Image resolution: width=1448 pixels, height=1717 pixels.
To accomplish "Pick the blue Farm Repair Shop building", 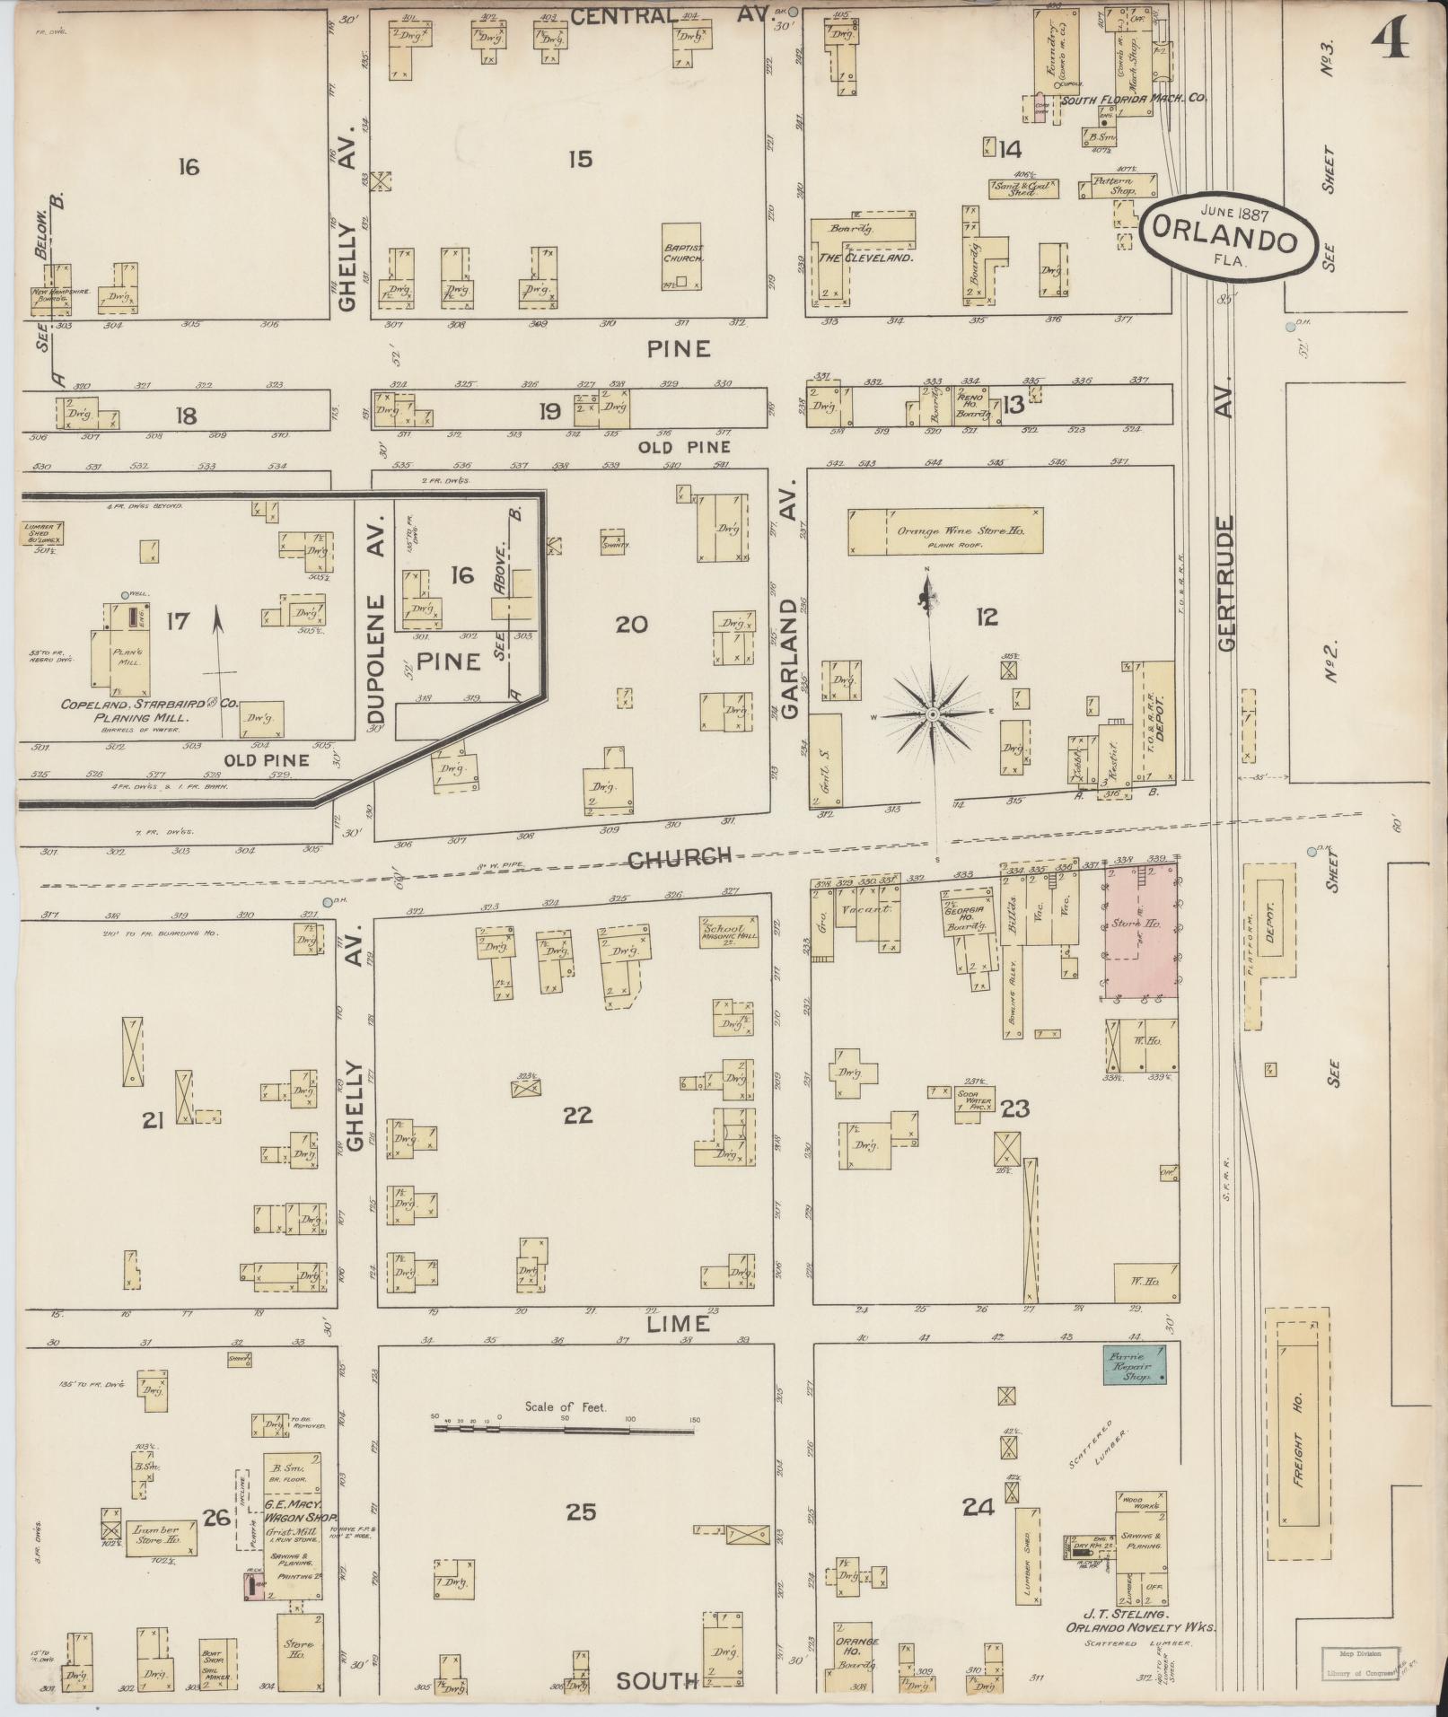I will (1135, 1363).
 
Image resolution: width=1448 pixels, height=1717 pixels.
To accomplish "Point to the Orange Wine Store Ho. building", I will (946, 531).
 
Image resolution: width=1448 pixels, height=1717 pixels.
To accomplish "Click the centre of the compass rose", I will (932, 714).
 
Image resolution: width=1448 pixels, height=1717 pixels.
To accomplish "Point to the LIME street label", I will (677, 1323).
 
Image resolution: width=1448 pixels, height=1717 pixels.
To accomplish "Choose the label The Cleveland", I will (864, 257).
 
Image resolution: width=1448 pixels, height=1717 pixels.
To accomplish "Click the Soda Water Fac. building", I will (972, 1103).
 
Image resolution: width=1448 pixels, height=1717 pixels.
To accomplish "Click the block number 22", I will (577, 1115).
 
